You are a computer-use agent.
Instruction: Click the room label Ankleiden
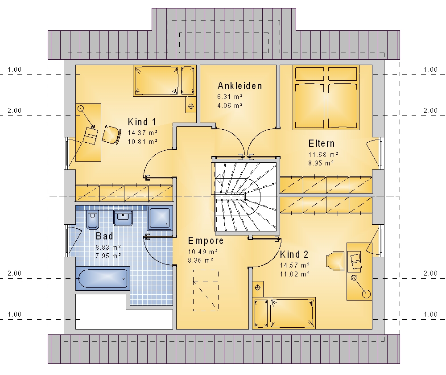(240, 86)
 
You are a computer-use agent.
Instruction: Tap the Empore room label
(206, 241)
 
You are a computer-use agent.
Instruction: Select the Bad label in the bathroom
(104, 236)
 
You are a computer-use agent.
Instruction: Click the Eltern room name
(322, 143)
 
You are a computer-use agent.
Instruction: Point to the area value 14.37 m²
(143, 133)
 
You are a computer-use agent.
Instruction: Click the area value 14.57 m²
(295, 265)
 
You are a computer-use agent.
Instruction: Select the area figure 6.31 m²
(230, 97)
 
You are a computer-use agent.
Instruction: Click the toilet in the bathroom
(92, 220)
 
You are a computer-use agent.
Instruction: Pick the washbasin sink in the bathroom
(123, 218)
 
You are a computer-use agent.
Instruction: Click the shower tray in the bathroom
(160, 218)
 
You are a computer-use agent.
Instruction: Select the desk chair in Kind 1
(110, 135)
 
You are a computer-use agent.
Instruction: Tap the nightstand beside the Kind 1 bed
(191, 107)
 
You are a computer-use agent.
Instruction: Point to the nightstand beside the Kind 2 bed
(258, 288)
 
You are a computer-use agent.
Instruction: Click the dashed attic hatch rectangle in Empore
(206, 290)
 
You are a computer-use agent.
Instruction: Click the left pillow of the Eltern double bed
(310, 74)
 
